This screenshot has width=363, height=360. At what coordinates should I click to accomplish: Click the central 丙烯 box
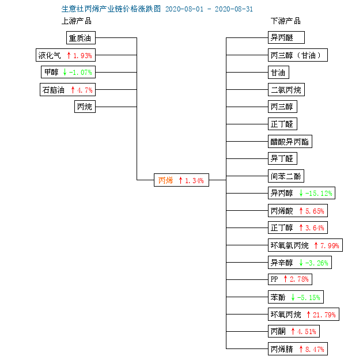181,180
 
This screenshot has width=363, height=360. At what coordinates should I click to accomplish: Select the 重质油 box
81,37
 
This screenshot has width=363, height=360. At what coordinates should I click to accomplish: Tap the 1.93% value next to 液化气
82,55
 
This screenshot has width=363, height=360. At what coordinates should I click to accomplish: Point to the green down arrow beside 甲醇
65,72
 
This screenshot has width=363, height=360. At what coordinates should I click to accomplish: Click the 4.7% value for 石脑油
85,90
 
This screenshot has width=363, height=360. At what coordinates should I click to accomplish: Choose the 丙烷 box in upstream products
85,107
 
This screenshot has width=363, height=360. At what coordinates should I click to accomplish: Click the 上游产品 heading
77,21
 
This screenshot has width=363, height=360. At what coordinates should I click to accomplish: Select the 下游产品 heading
286,21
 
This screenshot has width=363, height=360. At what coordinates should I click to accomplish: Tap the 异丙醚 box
286,37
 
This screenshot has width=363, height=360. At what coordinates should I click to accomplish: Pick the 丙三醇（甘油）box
298,55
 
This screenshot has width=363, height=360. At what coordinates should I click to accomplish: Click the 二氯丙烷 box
286,89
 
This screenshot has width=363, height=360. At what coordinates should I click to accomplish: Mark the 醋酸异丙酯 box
290,141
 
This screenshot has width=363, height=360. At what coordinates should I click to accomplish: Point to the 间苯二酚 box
286,176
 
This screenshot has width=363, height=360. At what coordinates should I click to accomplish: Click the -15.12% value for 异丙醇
319,194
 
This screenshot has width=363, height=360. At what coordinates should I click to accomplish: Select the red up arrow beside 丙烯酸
301,211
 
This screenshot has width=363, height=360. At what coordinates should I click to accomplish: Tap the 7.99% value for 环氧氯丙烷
330,245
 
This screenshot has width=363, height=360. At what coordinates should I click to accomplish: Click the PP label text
274,279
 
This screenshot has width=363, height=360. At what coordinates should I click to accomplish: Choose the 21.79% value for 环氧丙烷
324,314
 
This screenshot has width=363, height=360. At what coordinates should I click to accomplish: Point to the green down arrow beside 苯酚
293,297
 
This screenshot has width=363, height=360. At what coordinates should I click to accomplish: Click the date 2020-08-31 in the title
234,9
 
